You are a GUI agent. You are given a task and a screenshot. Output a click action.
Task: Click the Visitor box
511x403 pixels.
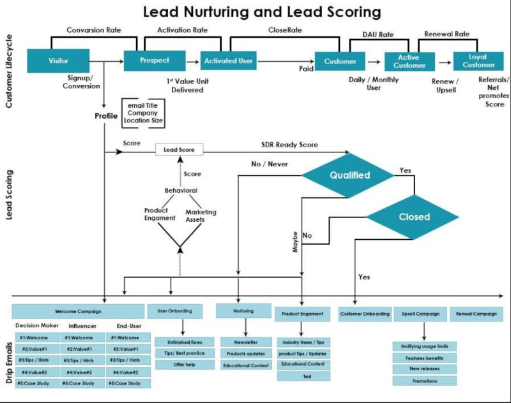[x=58, y=62]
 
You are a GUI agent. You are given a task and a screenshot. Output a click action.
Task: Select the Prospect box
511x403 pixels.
[x=155, y=61]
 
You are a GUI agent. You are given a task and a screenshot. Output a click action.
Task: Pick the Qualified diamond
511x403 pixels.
[x=348, y=175]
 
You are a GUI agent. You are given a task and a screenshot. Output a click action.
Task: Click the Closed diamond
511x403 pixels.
[x=414, y=217]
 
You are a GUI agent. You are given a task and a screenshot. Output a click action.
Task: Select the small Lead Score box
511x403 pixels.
[x=179, y=149]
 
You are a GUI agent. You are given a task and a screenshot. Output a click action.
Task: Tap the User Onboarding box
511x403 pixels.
[x=179, y=311]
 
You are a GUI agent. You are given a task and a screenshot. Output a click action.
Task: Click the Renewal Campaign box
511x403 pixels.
[x=477, y=314]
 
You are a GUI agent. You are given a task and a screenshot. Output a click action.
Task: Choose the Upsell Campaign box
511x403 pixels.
[x=420, y=314]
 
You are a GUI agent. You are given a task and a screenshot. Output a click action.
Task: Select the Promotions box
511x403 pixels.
[x=425, y=381]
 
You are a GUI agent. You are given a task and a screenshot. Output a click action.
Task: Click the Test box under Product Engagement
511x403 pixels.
[x=303, y=376]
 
